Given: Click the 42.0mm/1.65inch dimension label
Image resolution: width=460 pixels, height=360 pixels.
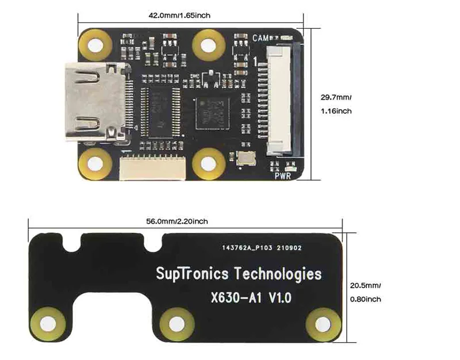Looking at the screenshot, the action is pos(179,16).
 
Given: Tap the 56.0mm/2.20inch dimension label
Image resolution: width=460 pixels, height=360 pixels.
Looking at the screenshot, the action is pos(177,221).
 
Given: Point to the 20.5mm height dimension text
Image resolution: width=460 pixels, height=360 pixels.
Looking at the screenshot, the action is pos(366,285).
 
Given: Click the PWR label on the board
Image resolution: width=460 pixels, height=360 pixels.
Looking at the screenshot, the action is pos(283,176).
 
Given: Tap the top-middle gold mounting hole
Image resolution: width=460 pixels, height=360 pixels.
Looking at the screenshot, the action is pos(208,43).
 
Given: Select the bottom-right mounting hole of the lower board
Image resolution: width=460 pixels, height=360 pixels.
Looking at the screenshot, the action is pos(321,323).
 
